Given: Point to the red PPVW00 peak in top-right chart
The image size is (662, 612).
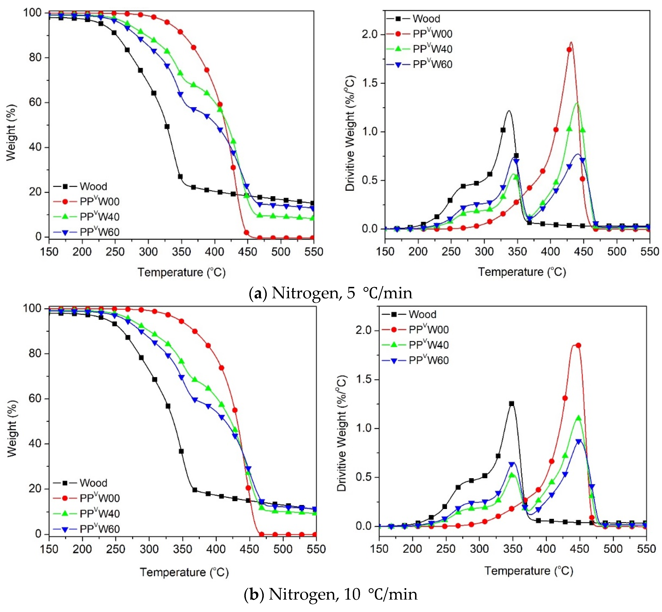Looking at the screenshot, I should point(571,42).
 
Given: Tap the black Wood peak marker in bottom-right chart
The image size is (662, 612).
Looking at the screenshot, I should point(512,404).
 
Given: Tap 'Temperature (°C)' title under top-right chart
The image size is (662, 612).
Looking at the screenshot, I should point(522,272).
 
